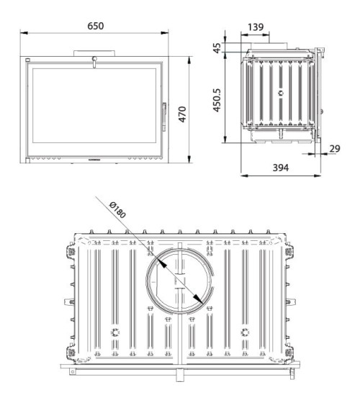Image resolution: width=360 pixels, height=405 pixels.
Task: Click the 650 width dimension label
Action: (96, 25)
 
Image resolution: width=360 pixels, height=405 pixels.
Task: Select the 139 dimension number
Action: (254, 27)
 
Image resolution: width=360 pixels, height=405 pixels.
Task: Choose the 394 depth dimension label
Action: (281, 168)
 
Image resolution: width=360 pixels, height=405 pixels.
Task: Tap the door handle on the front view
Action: (163, 113)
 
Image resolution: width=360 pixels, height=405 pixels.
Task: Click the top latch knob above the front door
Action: (93, 60)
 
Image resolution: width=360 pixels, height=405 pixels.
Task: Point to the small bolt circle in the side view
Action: (282, 94)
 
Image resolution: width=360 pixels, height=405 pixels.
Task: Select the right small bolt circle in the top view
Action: (245, 332)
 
